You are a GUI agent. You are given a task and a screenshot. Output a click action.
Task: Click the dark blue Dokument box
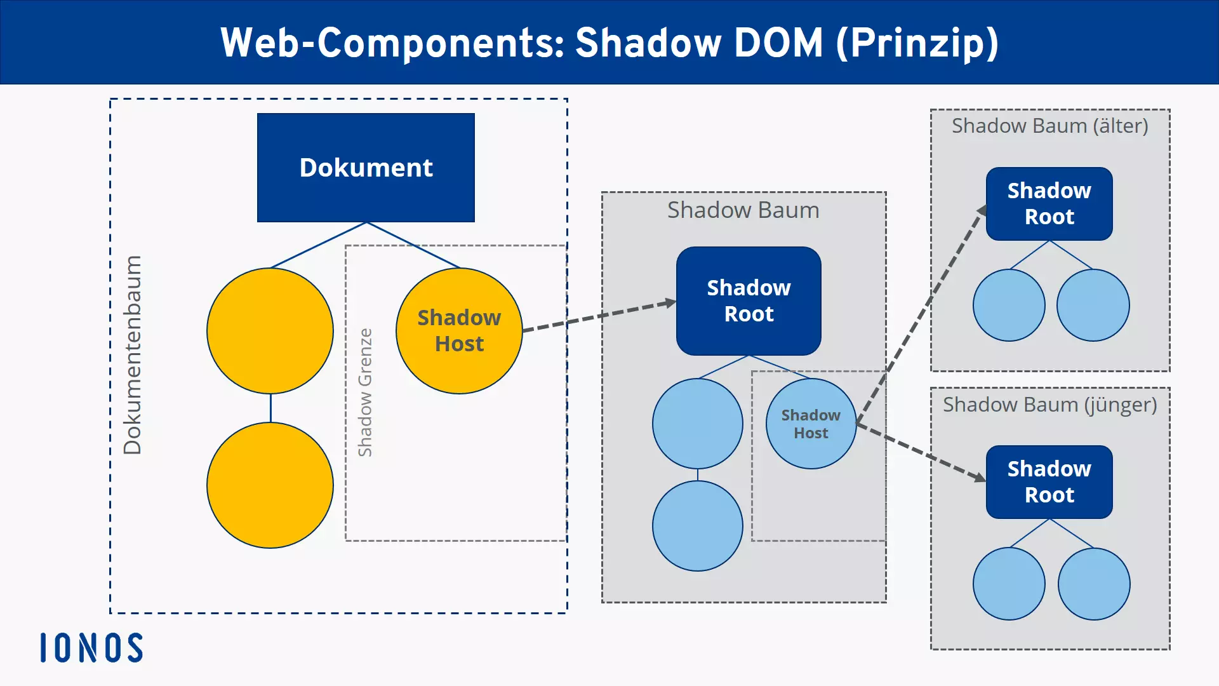[366, 168]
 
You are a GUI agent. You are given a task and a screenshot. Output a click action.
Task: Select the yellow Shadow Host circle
[459, 331]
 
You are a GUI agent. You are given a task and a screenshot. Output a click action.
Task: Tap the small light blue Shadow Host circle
[811, 424]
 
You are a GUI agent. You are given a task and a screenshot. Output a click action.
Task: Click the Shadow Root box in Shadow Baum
[749, 301]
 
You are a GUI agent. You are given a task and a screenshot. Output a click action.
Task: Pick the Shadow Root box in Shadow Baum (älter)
[1049, 204]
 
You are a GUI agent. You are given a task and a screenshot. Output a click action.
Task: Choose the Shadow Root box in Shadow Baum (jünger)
[1049, 482]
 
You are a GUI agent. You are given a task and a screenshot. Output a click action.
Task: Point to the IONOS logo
[91, 648]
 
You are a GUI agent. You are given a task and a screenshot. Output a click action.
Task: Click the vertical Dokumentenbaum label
[132, 355]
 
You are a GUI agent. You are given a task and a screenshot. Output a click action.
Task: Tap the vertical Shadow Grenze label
[365, 393]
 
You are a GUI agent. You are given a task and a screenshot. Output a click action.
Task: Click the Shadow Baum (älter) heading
[1049, 126]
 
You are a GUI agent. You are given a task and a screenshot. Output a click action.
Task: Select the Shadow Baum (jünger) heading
[1049, 405]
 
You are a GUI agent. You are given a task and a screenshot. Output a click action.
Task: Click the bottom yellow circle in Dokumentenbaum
[270, 485]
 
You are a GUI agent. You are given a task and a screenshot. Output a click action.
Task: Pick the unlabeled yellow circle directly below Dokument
[270, 331]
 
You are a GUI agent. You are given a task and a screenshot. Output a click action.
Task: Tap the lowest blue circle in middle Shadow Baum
[697, 526]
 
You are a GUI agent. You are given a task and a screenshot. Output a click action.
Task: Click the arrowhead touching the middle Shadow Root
[670, 303]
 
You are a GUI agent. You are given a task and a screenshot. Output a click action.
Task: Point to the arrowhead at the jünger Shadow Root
[980, 476]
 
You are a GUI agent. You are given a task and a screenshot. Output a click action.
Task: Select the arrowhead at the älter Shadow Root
[982, 211]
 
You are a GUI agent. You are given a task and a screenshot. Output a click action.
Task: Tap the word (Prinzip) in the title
[917, 43]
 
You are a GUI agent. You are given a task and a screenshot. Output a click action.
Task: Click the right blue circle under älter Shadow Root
[1093, 306]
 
